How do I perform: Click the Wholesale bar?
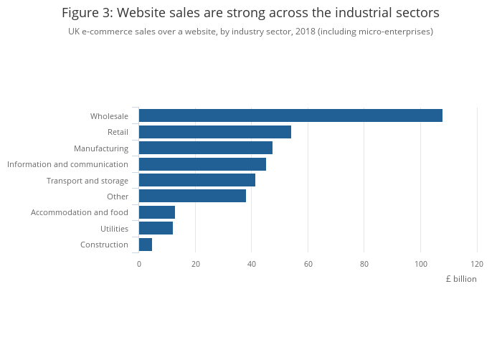(290, 115)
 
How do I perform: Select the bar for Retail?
(215, 132)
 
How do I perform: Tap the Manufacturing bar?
(206, 148)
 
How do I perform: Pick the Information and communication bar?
(202, 164)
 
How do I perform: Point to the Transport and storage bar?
(197, 180)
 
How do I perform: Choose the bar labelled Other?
(192, 196)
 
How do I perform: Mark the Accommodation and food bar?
(157, 212)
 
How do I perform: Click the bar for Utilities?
(156, 228)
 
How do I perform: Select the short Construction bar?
(146, 245)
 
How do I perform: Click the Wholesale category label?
(109, 116)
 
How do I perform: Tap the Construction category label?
(105, 245)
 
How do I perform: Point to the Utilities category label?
(115, 229)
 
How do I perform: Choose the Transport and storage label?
(87, 181)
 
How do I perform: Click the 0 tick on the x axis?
(139, 264)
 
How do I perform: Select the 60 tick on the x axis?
(308, 264)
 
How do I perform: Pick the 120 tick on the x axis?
(477, 264)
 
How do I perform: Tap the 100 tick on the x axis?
(420, 264)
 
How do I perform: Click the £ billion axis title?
(460, 279)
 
